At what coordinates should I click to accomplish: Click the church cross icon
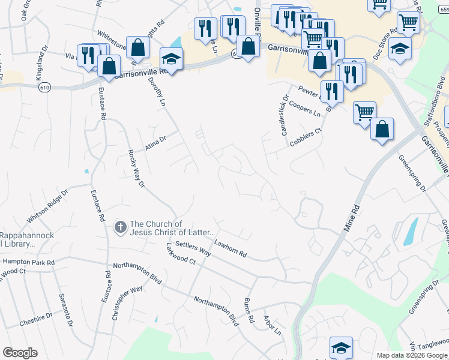tap(119, 227)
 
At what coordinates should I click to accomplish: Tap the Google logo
tap(20, 353)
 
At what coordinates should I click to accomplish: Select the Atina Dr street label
tap(155, 143)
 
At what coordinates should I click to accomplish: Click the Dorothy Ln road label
tap(158, 93)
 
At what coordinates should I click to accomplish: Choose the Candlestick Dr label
tap(285, 114)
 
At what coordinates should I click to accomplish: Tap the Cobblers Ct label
tap(306, 138)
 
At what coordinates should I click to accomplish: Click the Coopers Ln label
tap(304, 109)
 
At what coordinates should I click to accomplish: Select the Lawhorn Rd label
tap(231, 249)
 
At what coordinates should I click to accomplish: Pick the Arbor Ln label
tap(271, 324)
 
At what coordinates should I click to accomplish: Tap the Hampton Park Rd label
tap(28, 262)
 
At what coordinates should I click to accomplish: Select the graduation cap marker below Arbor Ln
tap(340, 347)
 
